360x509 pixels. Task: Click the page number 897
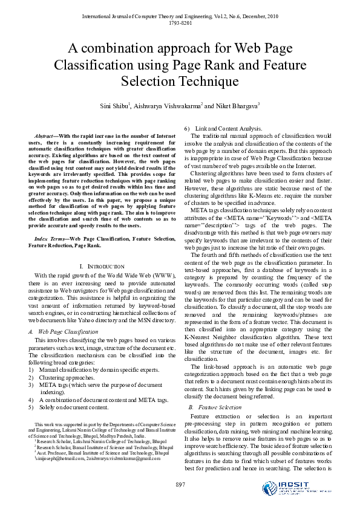click(x=180, y=485)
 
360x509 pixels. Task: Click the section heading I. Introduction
click(x=102, y=267)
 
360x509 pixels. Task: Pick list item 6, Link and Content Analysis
click(x=228, y=129)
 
